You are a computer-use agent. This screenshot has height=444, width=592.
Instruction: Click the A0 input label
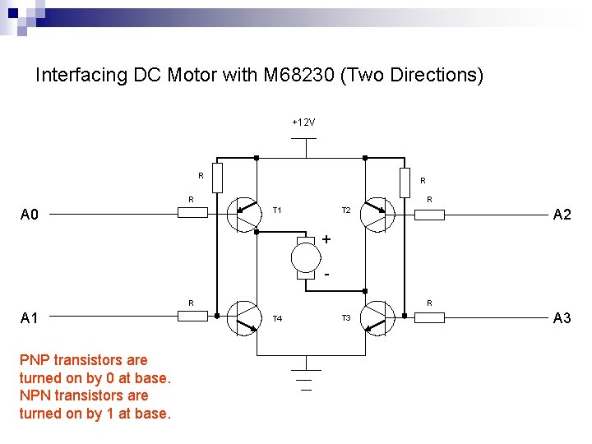click(30, 215)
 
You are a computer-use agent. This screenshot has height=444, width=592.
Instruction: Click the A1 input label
click(30, 318)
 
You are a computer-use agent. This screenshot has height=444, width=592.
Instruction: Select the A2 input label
click(562, 215)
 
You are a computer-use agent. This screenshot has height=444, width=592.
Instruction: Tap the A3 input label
click(562, 318)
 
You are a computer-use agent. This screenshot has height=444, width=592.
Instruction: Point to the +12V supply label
click(303, 123)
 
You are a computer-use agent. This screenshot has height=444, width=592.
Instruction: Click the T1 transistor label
click(277, 210)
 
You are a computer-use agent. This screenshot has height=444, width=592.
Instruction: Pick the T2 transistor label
click(346, 210)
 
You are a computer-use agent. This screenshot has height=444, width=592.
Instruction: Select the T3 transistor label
click(346, 318)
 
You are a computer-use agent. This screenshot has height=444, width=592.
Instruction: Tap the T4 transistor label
click(277, 318)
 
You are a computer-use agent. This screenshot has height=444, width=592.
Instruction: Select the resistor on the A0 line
click(193, 213)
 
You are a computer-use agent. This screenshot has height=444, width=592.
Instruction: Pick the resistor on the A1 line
click(193, 316)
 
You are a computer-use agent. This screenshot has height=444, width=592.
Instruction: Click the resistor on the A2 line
click(429, 215)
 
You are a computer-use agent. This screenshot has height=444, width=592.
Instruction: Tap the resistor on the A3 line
click(429, 316)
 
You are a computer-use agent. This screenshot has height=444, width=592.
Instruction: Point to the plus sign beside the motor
click(326, 239)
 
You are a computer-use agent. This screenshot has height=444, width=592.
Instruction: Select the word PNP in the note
click(36, 360)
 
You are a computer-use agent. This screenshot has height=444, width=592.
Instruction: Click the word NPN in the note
click(36, 395)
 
